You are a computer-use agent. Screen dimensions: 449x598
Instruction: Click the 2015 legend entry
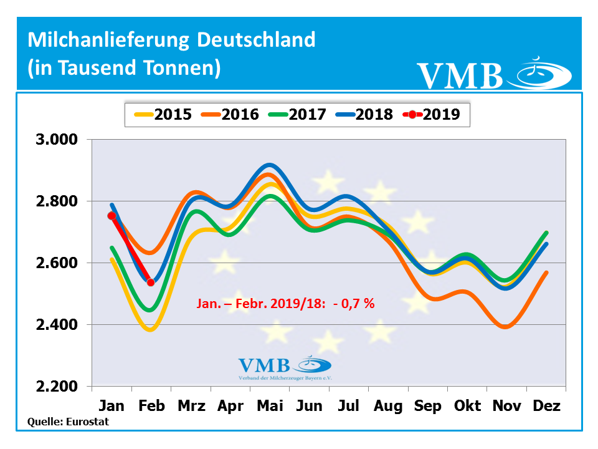(164, 114)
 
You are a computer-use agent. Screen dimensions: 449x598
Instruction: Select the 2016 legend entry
(230, 114)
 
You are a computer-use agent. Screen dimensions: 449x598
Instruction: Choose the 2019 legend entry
(432, 114)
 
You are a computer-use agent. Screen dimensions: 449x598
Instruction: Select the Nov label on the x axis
(507, 406)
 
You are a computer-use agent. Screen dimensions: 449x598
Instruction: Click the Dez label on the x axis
(546, 406)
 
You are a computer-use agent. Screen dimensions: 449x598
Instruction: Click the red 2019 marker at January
(112, 216)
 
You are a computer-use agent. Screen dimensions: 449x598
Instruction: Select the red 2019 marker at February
(151, 282)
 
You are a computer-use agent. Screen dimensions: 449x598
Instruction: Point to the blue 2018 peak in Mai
(268, 165)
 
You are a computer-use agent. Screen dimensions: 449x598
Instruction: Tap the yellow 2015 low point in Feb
(150, 329)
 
